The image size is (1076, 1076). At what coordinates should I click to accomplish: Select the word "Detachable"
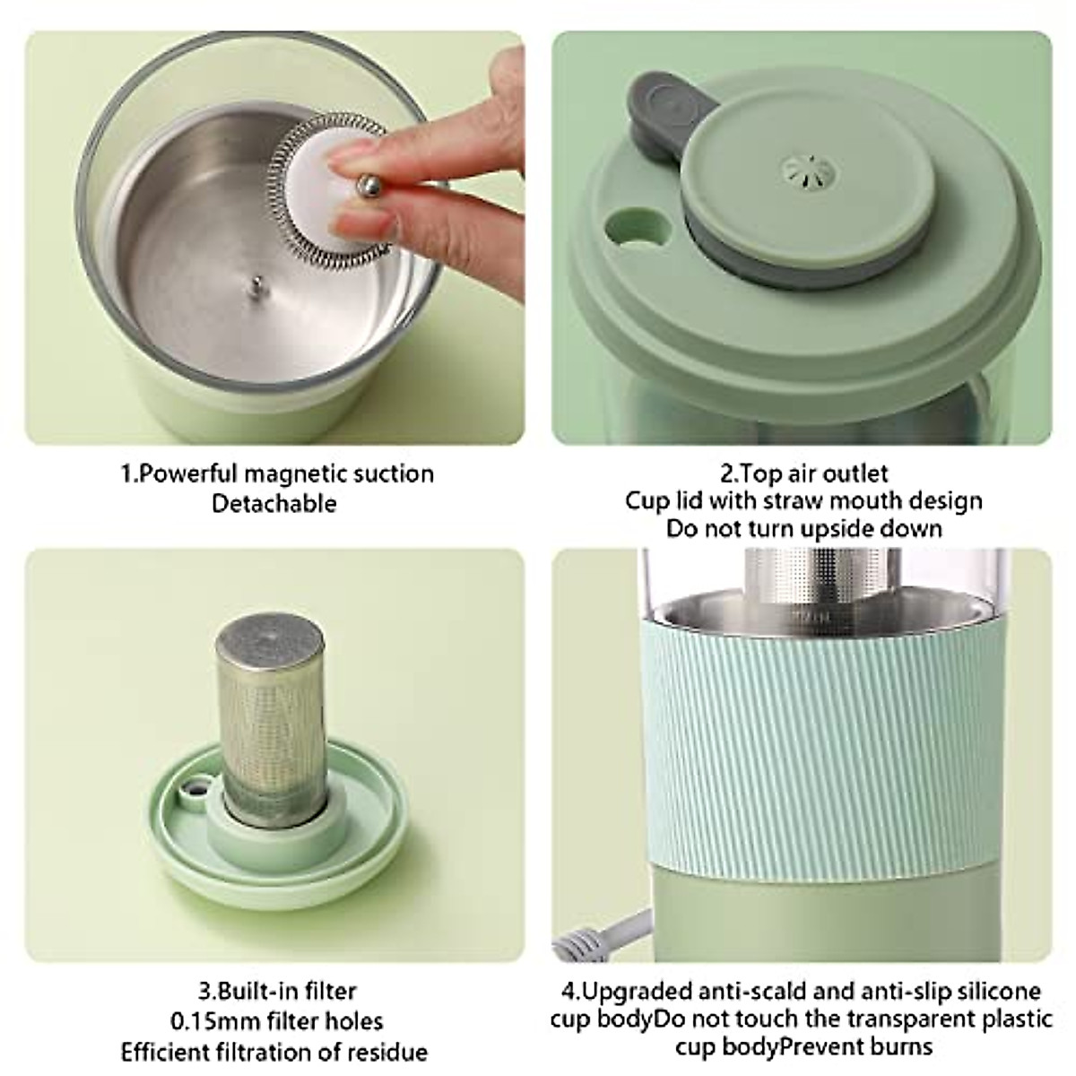[273, 503]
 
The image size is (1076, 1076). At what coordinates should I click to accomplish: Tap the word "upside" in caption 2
[813, 528]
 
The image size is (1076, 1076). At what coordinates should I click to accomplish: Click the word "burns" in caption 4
[899, 1046]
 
